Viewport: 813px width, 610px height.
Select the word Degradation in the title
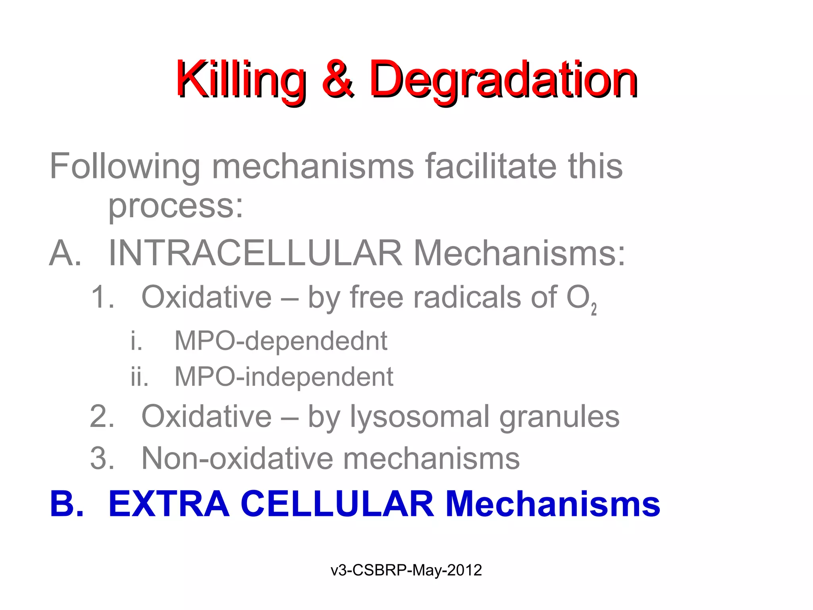[x=503, y=79]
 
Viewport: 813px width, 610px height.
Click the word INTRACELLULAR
[x=255, y=253]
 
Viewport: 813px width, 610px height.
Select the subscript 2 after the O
[x=593, y=309]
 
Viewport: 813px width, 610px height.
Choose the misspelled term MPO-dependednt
[x=281, y=341]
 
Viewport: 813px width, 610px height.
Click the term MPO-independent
[x=284, y=376]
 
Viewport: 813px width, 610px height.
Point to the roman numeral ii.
[x=139, y=376]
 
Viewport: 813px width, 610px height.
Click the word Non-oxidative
[x=237, y=458]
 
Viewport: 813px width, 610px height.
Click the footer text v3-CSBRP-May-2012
[x=406, y=570]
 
